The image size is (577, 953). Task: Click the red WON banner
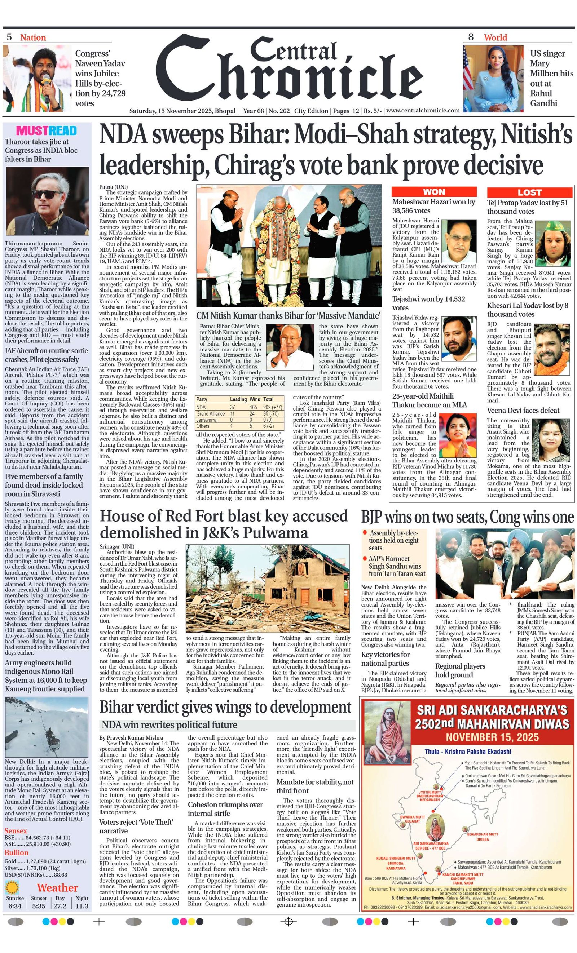[x=434, y=192]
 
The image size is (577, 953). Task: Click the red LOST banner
[x=529, y=192]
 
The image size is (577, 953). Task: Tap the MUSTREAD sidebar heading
[x=47, y=131]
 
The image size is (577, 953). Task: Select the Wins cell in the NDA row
[x=253, y=407]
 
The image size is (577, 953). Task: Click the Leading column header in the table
[x=238, y=399]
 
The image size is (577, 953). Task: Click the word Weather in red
[x=57, y=888]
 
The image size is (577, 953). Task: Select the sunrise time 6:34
[x=15, y=906]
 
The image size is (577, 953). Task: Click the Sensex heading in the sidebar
[x=16, y=830]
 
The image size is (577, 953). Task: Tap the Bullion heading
[x=16, y=852]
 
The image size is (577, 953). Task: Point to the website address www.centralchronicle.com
[x=423, y=110]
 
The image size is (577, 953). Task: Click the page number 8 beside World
[x=471, y=37]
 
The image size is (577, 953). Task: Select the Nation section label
[x=33, y=37]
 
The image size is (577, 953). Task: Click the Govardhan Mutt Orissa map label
[x=482, y=837]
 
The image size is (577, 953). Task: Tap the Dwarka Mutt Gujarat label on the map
[x=412, y=819]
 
